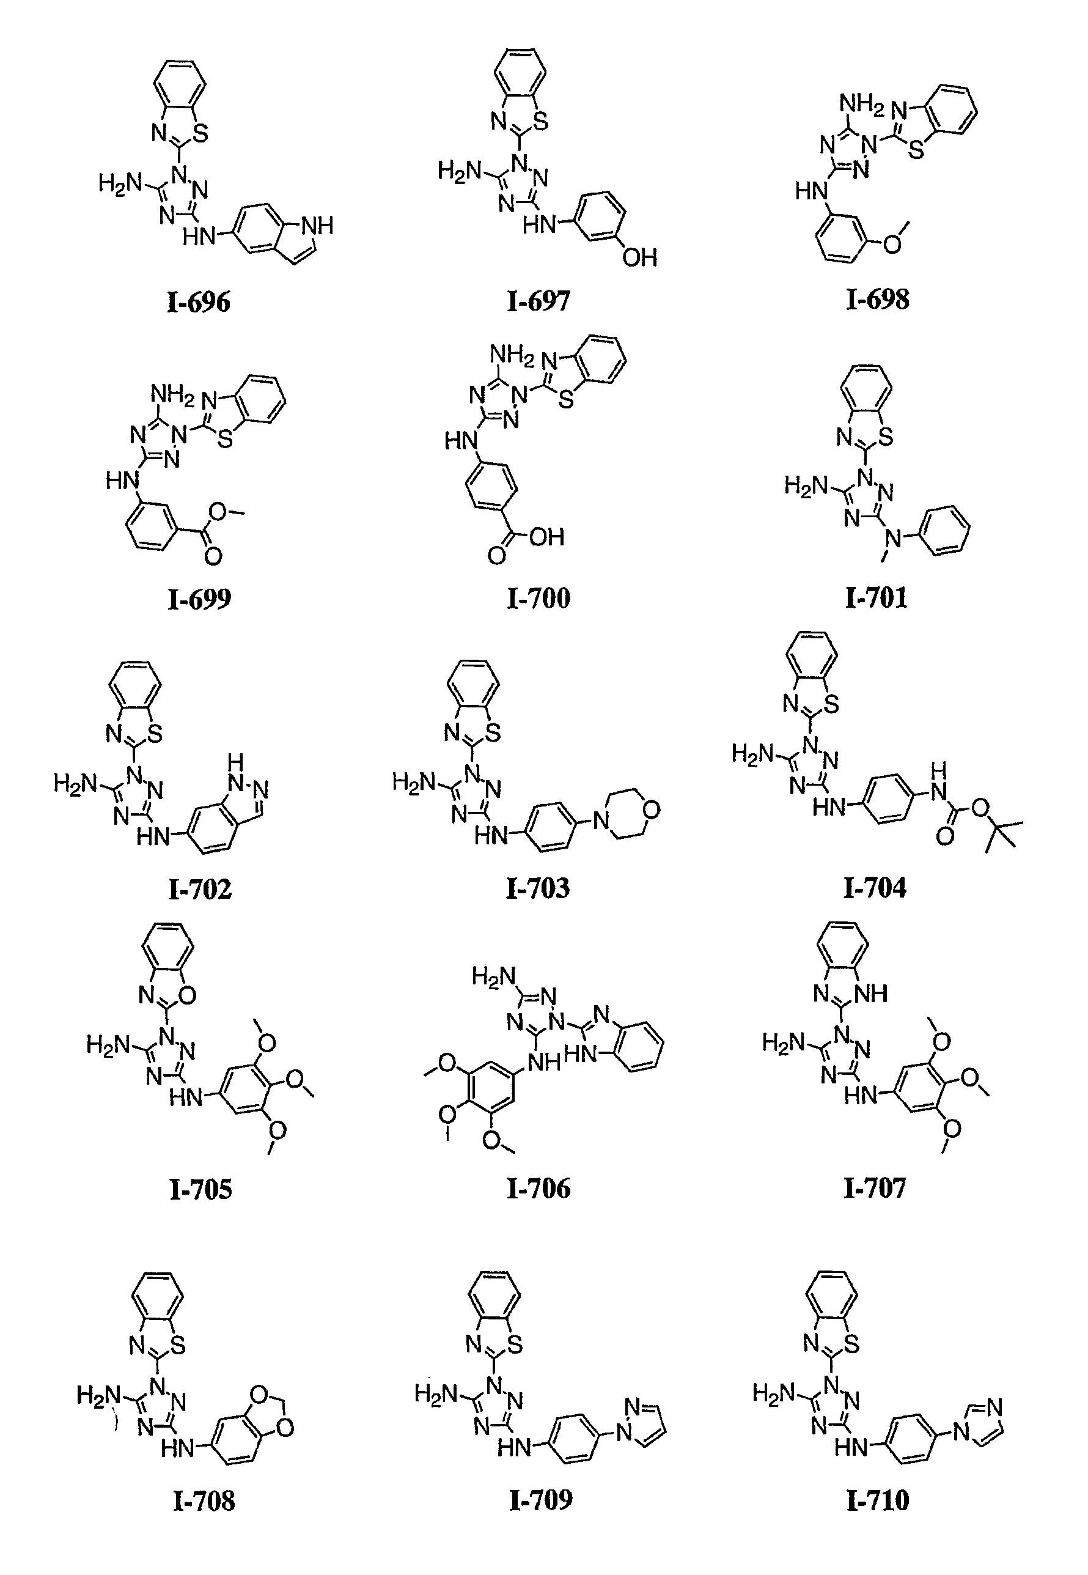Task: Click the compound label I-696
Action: [199, 301]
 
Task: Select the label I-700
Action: [538, 598]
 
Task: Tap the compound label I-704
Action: [875, 887]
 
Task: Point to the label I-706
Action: [538, 1189]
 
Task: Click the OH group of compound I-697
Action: [639, 258]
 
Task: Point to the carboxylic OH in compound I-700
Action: [546, 537]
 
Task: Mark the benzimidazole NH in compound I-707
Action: [870, 994]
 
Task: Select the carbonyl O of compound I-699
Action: [213, 557]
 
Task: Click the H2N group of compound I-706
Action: [493, 978]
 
